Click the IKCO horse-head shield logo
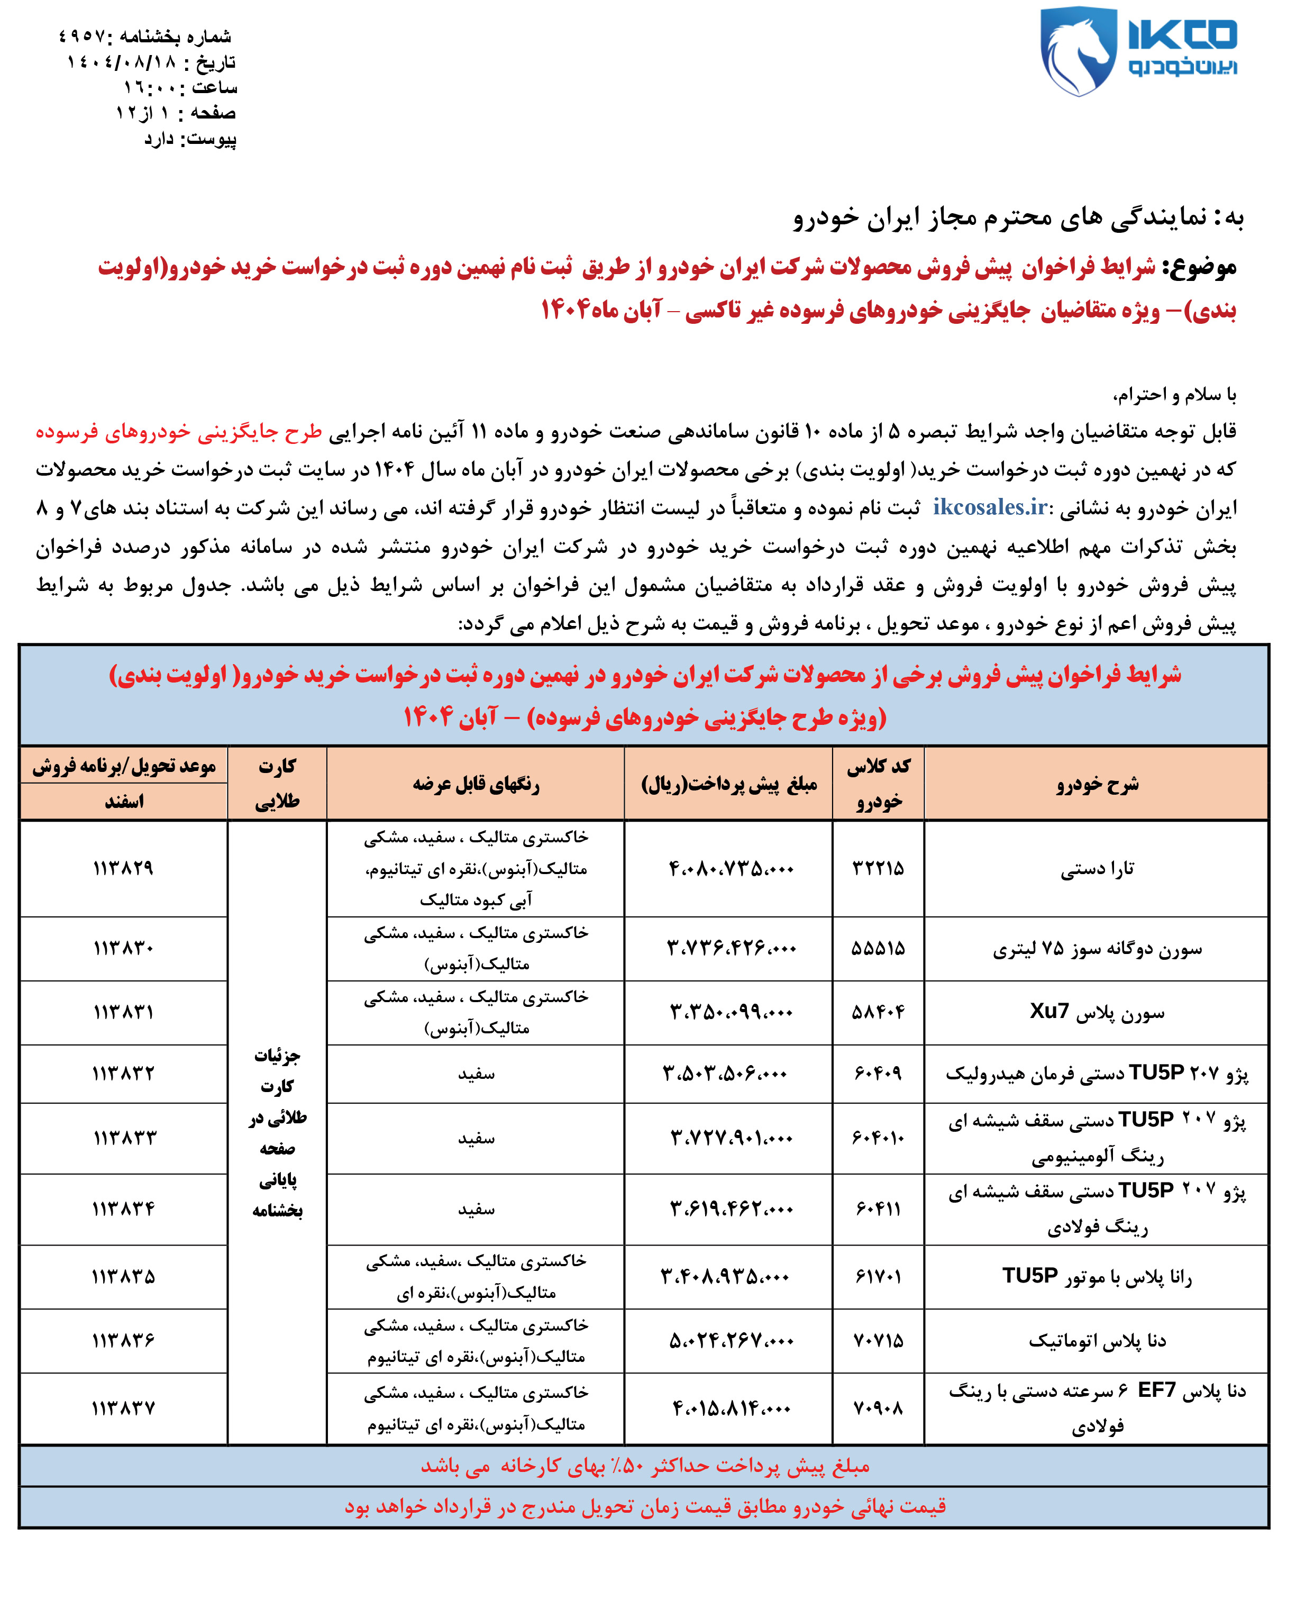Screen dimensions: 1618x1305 [1077, 51]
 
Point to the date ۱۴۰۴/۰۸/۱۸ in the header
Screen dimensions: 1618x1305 [122, 62]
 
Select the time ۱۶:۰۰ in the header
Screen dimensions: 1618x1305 [150, 88]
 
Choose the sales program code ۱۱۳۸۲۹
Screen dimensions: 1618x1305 [123, 868]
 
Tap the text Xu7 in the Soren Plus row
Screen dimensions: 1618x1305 [1048, 1011]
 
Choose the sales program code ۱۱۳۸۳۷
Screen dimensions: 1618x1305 [123, 1407]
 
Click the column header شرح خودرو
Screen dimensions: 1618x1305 [1097, 784]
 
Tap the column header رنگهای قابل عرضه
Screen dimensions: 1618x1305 [476, 784]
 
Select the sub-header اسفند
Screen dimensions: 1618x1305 [124, 802]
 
